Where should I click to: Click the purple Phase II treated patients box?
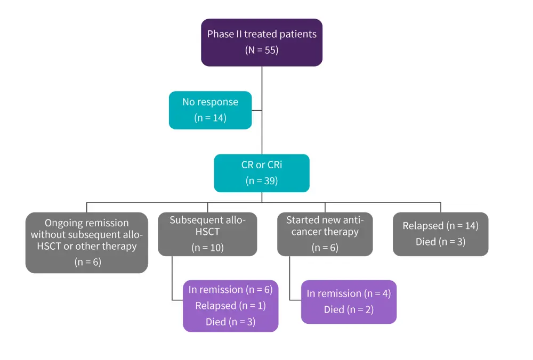262,43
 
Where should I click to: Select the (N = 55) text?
262,51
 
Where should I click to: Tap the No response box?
210,110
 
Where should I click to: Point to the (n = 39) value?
262,181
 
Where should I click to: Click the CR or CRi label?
262,165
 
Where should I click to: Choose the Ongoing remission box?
87,242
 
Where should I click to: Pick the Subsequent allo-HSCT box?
207,234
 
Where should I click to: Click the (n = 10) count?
207,248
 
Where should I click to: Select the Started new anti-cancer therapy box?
325,234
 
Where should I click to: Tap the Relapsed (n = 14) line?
440,226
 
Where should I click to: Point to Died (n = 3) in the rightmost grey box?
440,242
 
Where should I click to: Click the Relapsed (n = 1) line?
230,306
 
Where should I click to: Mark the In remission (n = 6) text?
230,290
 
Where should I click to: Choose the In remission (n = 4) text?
349,293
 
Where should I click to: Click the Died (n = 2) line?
349,309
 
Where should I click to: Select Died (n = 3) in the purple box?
230,322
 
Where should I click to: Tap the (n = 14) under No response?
210,118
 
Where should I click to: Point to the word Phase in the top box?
220,35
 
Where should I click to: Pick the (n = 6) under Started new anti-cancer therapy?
325,248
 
